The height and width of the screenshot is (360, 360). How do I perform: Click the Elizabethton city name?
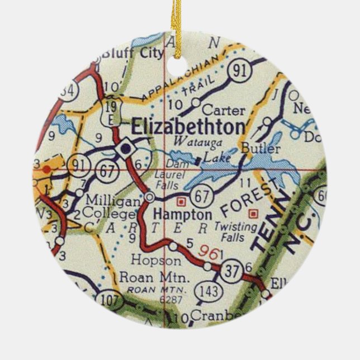pyautogui.click(x=187, y=126)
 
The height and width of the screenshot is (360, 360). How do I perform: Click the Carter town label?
pyautogui.click(x=216, y=110)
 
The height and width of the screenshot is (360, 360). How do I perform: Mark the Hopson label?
pyautogui.click(x=148, y=260)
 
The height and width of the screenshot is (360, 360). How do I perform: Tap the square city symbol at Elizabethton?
pyautogui.click(x=125, y=149)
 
